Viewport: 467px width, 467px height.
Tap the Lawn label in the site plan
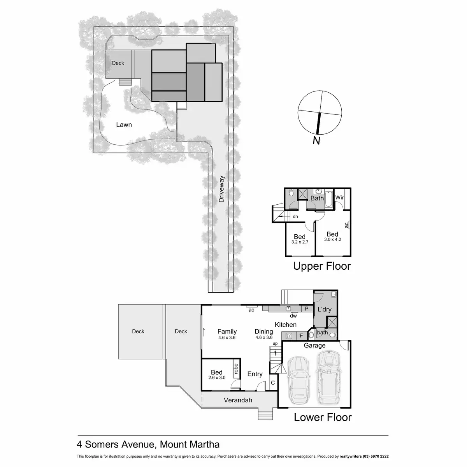click(x=124, y=125)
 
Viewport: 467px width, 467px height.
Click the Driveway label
click(x=222, y=189)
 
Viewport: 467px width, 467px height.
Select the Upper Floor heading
click(x=322, y=266)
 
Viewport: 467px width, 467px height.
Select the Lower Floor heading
click(x=323, y=418)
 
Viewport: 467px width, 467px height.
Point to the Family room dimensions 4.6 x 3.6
click(x=227, y=338)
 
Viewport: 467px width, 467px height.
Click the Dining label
click(x=263, y=332)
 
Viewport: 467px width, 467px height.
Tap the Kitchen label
click(x=286, y=325)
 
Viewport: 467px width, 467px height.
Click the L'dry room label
click(x=324, y=309)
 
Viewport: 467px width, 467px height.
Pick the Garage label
click(x=314, y=345)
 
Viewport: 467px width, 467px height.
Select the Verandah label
click(x=238, y=400)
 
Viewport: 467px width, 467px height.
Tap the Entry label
click(x=255, y=374)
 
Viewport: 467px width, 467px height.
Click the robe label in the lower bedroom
click(x=236, y=368)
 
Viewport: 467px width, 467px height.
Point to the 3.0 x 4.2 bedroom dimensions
click(x=332, y=240)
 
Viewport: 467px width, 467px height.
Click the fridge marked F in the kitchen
click(x=301, y=335)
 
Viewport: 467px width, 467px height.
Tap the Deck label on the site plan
click(x=118, y=63)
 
